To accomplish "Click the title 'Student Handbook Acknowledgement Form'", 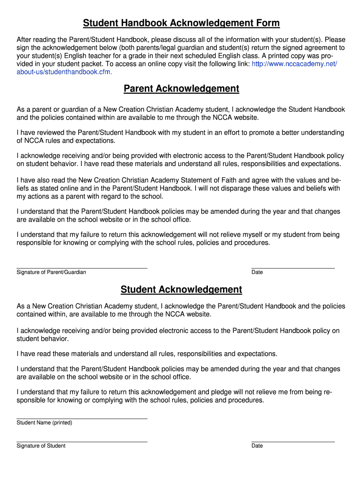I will coord(181,23).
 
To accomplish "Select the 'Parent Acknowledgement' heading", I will coord(181,89).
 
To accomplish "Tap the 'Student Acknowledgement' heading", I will coord(181,290).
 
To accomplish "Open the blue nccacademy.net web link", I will coord(295,64).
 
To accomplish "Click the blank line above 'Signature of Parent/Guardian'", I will coord(82,268).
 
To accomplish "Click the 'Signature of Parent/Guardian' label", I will coord(51,272).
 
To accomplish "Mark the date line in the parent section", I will coord(293,268).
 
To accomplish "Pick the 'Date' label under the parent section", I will coord(257,272).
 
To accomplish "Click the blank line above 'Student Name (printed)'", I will coord(82,418).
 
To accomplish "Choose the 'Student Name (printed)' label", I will coord(44,423).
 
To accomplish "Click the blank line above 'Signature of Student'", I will coord(82,441).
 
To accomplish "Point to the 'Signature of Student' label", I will coord(41,446).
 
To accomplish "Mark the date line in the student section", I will coord(293,441).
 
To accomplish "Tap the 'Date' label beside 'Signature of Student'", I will coord(257,446).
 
